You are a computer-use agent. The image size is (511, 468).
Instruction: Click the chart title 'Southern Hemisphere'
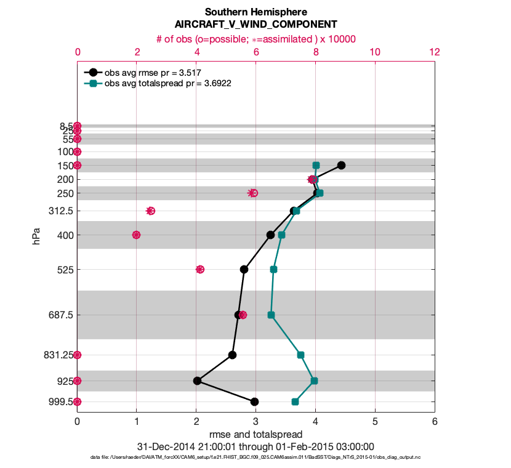[x=255, y=12]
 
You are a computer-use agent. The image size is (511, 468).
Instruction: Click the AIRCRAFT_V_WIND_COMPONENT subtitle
[x=255, y=25]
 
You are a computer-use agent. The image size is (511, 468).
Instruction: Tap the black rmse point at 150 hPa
[x=341, y=165]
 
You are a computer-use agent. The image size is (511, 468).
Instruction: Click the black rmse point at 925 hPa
[x=197, y=381]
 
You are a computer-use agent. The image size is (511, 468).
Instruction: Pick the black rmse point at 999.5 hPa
[x=254, y=401]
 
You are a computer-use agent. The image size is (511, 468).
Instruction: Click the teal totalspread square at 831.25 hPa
[x=300, y=355]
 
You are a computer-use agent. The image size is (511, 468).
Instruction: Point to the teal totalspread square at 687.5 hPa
[x=271, y=315]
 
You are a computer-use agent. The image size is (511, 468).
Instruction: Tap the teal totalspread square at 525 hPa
[x=273, y=269]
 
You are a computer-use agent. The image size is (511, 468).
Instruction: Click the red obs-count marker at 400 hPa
[x=137, y=235]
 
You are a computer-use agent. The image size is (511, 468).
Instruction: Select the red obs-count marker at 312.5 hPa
[x=150, y=211]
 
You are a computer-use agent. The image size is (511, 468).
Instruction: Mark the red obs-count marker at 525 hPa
[x=200, y=269]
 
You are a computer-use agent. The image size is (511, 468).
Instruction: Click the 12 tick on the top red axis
[x=435, y=52]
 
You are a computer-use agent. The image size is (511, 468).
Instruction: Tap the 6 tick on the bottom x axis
[x=435, y=422]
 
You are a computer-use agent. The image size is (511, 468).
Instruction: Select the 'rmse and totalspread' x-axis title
[x=255, y=435]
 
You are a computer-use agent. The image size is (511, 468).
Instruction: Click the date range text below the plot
[x=255, y=446]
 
